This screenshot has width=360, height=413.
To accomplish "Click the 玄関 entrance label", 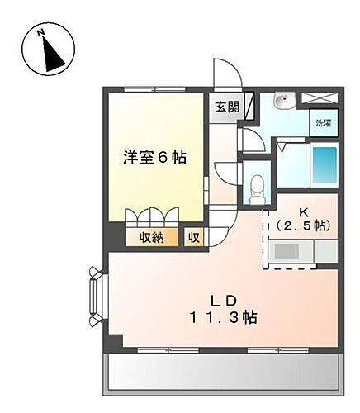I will [x=228, y=107].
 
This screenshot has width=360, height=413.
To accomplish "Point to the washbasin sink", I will [x=283, y=102].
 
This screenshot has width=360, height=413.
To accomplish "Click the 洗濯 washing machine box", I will [x=324, y=124].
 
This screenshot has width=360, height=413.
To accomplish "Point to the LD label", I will [x=223, y=299].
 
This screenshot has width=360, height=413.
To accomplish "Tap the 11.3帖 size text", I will [x=223, y=318].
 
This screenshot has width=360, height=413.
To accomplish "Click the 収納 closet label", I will [x=152, y=238].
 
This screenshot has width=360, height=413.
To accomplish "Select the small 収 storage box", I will [x=193, y=238].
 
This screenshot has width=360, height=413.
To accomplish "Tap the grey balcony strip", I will [x=223, y=371].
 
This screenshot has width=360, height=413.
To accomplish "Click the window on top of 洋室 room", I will [x=153, y=88].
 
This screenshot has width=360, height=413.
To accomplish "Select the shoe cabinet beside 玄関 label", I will [x=249, y=105].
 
